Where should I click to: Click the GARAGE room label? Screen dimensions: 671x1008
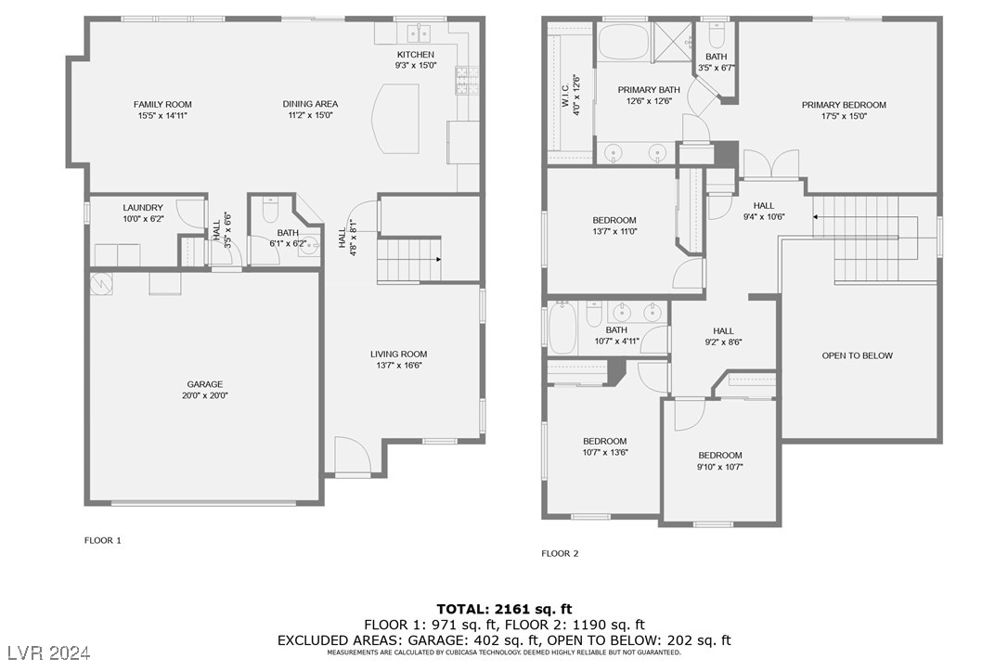(205, 383)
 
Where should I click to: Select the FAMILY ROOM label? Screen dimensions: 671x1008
(162, 104)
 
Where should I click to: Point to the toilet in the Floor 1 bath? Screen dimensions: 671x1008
(270, 213)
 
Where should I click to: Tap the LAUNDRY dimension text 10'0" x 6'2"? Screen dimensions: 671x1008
(143, 219)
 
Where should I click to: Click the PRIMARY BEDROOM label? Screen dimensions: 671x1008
(844, 105)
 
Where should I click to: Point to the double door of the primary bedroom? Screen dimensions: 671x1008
(770, 164)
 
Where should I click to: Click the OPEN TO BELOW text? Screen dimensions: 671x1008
(857, 355)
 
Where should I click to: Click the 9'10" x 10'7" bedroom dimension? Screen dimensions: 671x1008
(720, 466)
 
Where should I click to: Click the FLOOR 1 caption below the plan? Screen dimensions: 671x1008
(103, 540)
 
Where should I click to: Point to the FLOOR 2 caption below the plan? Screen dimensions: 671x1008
(560, 553)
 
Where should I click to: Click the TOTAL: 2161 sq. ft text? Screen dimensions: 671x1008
(504, 609)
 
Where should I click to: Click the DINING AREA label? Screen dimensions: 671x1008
(310, 104)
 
